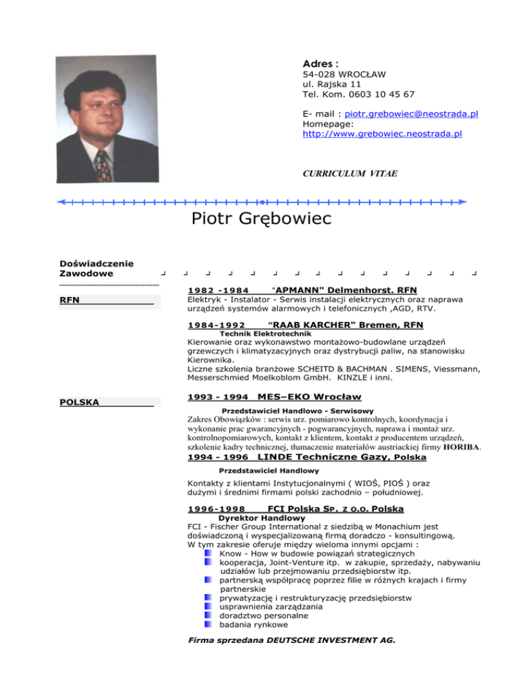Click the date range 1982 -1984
pyautogui.click(x=217, y=290)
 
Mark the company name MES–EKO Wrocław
pyautogui.click(x=309, y=397)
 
